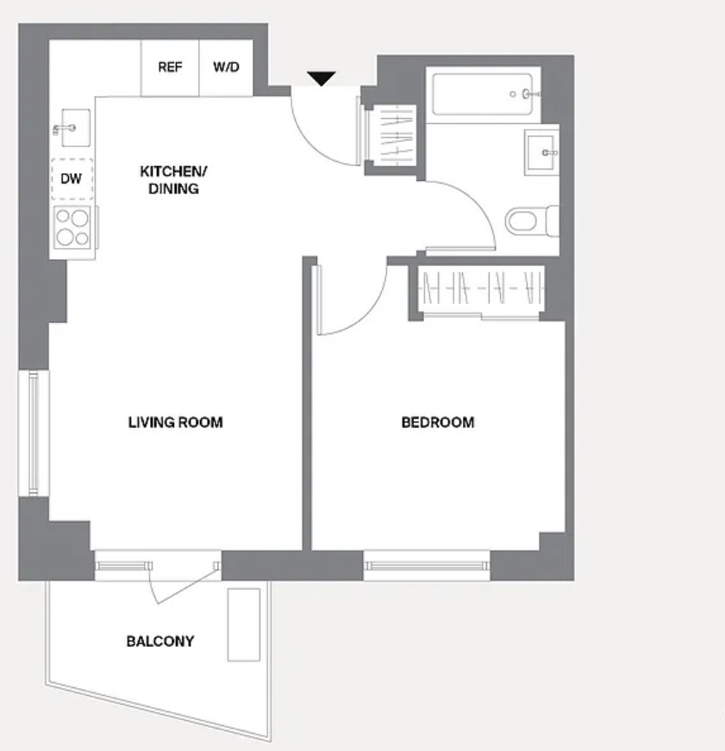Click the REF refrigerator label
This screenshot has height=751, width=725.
[170, 66]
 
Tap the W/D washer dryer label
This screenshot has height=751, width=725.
[226, 66]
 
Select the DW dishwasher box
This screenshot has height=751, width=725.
[72, 179]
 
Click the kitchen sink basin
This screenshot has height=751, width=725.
[75, 127]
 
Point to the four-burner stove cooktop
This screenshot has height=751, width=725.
[72, 227]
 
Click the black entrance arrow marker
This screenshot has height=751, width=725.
[322, 78]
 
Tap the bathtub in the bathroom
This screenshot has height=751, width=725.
[482, 95]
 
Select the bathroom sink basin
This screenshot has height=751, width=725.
[541, 152]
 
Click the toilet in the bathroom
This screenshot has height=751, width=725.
[532, 221]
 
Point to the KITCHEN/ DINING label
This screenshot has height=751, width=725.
[173, 180]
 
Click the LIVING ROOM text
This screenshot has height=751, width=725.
[176, 422]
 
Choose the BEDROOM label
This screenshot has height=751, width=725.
[438, 422]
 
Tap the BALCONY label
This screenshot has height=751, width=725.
[160, 642]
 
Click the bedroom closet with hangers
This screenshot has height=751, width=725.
[481, 289]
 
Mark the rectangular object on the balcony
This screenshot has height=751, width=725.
[244, 624]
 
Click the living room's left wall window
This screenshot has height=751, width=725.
[33, 433]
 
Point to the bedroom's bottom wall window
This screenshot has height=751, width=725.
[426, 566]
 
